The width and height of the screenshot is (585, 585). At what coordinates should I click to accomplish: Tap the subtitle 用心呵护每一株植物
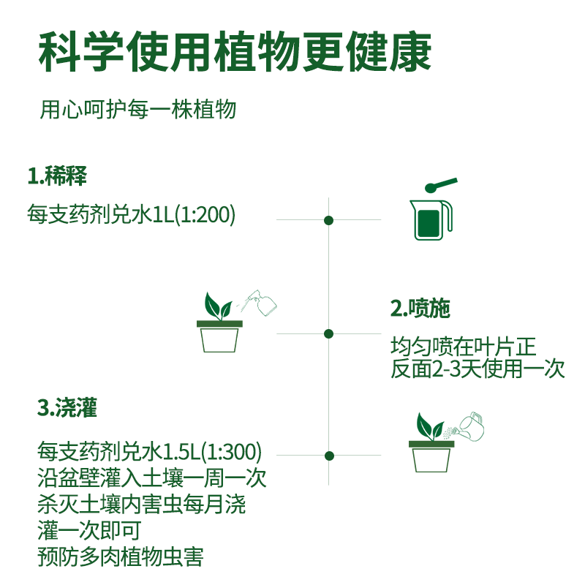tap(138, 110)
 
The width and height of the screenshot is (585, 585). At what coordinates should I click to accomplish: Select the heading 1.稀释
tap(58, 176)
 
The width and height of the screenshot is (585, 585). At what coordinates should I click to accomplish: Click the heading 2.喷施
tap(420, 309)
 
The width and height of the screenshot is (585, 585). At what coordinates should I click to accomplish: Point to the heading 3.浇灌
tap(67, 407)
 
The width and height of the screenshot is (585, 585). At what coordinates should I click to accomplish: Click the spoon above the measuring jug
tap(441, 184)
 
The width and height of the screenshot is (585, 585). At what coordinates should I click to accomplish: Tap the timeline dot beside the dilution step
tap(329, 220)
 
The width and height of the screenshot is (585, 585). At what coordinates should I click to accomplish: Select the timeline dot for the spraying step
tap(329, 333)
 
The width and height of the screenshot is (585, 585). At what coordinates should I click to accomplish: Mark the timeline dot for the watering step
tap(329, 454)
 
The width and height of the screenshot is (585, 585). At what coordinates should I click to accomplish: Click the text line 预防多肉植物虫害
tap(120, 557)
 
